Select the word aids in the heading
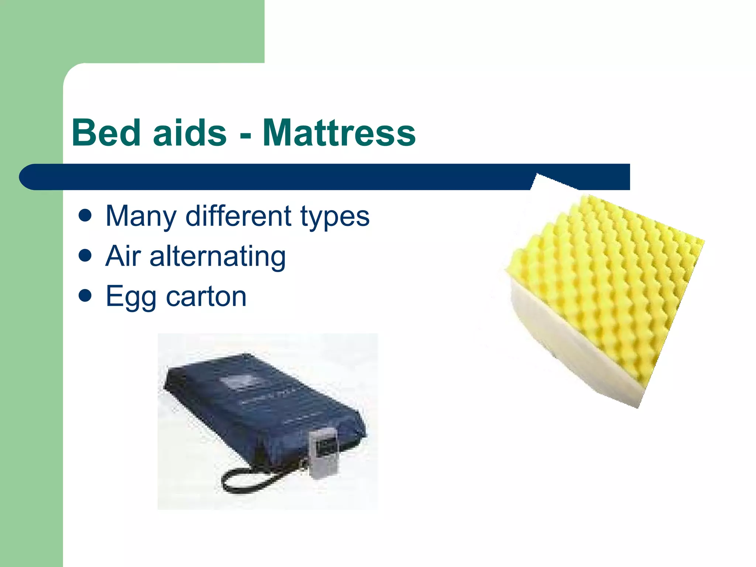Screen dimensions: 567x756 (189, 133)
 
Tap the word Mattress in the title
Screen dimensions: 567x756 (339, 133)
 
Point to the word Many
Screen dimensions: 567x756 (141, 217)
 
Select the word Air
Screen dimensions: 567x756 (123, 256)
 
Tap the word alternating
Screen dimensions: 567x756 (217, 257)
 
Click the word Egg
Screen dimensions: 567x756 (131, 298)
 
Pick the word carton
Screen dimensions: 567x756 (206, 297)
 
